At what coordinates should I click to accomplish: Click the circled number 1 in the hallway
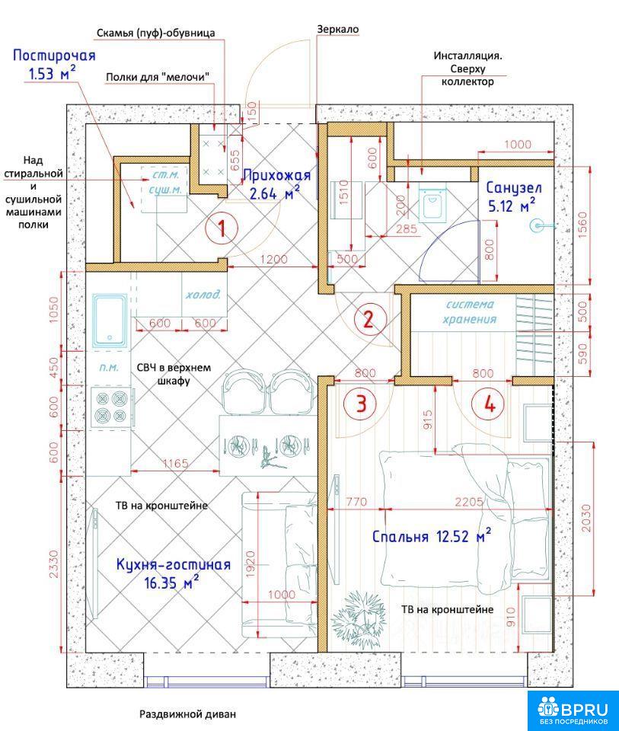coord(222,228)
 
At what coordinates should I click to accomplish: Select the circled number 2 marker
coord(369,320)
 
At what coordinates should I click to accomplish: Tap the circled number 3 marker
coord(361,404)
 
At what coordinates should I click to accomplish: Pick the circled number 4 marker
coord(490,404)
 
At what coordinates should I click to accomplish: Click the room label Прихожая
coord(276,175)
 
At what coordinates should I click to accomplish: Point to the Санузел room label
coord(514,187)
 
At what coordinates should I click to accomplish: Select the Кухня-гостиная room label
coord(173,564)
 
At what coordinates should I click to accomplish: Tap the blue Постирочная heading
coord(54,56)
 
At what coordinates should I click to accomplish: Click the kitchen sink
coord(110,321)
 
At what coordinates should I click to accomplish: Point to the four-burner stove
coord(111,407)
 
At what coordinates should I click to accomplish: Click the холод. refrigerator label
coord(203,295)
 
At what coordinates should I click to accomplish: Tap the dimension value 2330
coord(55,564)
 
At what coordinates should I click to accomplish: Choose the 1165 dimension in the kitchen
coord(175,464)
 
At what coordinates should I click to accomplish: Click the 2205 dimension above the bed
coord(469,502)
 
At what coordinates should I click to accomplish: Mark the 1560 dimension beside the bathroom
coord(582,225)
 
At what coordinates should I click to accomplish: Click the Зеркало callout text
coord(338,29)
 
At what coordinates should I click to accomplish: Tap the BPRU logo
coord(573,710)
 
